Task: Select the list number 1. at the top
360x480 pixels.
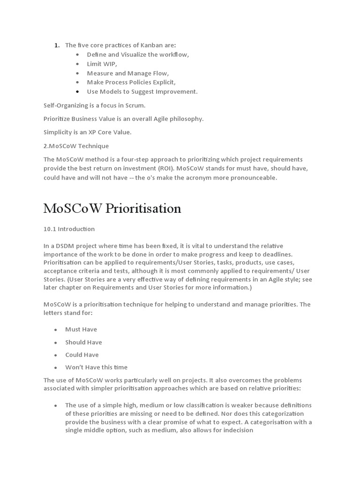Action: tap(57, 45)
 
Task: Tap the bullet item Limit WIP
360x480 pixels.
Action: tap(102, 64)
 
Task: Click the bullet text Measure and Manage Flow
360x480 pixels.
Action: tap(127, 73)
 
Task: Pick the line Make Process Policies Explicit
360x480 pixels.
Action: tap(131, 82)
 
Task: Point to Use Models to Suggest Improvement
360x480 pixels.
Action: tap(142, 91)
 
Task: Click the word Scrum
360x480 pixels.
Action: tap(135, 105)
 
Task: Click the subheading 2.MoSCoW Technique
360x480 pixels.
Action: tap(76, 146)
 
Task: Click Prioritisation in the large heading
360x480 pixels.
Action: tap(143, 209)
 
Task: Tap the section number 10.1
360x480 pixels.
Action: tap(50, 229)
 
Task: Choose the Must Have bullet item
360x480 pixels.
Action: tap(81, 330)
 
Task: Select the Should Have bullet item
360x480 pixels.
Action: tap(83, 342)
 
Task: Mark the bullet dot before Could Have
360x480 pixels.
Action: tap(55, 355)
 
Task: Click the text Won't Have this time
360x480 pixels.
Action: tap(96, 367)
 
